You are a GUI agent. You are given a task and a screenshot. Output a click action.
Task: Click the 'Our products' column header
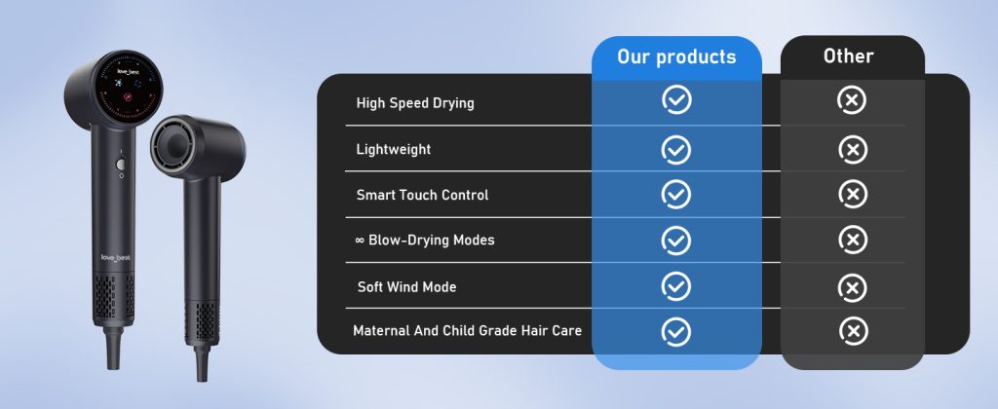676,56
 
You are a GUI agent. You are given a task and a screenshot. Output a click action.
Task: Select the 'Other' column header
849,56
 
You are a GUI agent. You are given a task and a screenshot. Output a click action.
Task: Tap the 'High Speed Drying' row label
415,103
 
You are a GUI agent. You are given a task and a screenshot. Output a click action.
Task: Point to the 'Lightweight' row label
394,149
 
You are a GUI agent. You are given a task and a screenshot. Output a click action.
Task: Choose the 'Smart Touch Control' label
422,195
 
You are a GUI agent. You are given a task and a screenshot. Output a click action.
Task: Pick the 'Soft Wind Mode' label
406,287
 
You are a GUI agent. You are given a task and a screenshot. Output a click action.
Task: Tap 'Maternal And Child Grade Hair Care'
467,331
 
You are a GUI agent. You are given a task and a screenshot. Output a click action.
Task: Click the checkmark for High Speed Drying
676,100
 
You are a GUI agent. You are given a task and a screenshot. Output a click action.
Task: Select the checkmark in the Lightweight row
676,149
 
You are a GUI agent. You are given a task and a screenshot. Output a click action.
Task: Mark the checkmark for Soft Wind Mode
676,286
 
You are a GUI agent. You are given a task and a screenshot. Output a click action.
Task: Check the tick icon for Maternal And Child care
676,331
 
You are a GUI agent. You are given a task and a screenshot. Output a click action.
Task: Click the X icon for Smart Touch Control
853,194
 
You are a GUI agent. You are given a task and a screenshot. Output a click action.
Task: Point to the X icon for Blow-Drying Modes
853,240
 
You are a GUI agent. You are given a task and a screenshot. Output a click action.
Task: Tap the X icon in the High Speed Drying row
853,100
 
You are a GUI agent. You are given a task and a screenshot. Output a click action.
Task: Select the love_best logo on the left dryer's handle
115,258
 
